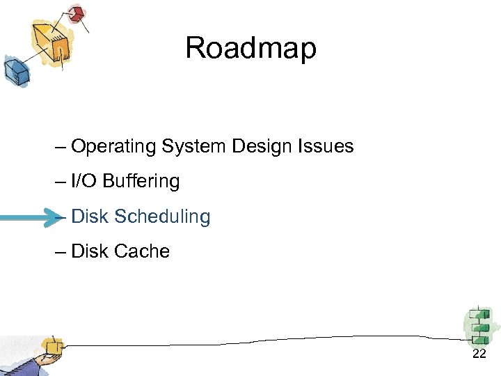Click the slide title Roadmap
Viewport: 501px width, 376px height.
[x=250, y=48]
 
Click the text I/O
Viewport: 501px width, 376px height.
[x=84, y=182]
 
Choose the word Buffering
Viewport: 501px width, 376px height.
[x=141, y=182]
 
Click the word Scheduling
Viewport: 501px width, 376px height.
[x=162, y=217]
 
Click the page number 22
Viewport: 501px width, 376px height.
[x=479, y=355]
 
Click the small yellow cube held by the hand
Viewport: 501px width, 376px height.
[x=51, y=345]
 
